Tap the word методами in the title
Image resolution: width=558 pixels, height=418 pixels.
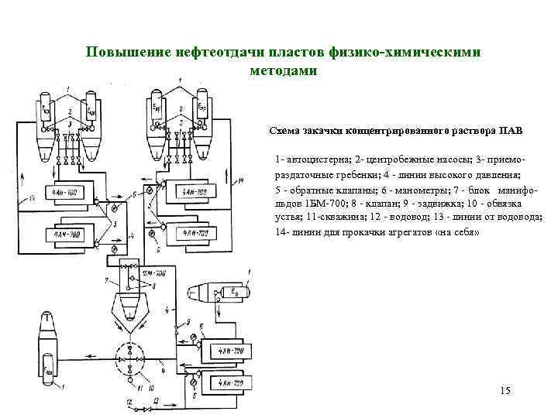283,70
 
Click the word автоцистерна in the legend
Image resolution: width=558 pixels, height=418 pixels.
318,160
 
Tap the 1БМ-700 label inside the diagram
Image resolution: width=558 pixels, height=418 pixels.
154,273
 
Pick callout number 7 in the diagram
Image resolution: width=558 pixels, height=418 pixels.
104,278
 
